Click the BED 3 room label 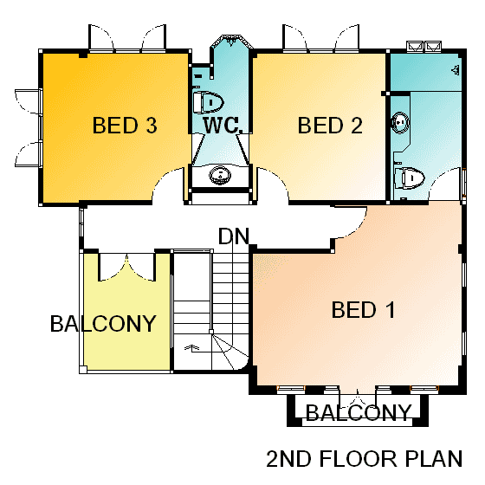click(x=125, y=126)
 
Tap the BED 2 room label click(x=330, y=126)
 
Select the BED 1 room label click(x=364, y=310)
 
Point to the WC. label click(x=222, y=126)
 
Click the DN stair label click(x=234, y=236)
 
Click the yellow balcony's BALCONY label click(x=103, y=324)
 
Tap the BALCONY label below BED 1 click(x=359, y=412)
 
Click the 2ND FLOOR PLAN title click(x=365, y=458)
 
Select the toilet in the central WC click(x=208, y=102)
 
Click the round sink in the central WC click(x=220, y=175)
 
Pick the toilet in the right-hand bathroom click(x=409, y=178)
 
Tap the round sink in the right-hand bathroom click(x=400, y=122)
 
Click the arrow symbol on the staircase click(x=191, y=347)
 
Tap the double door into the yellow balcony click(x=126, y=268)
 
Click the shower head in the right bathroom click(x=455, y=70)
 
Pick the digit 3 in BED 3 click(x=152, y=126)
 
